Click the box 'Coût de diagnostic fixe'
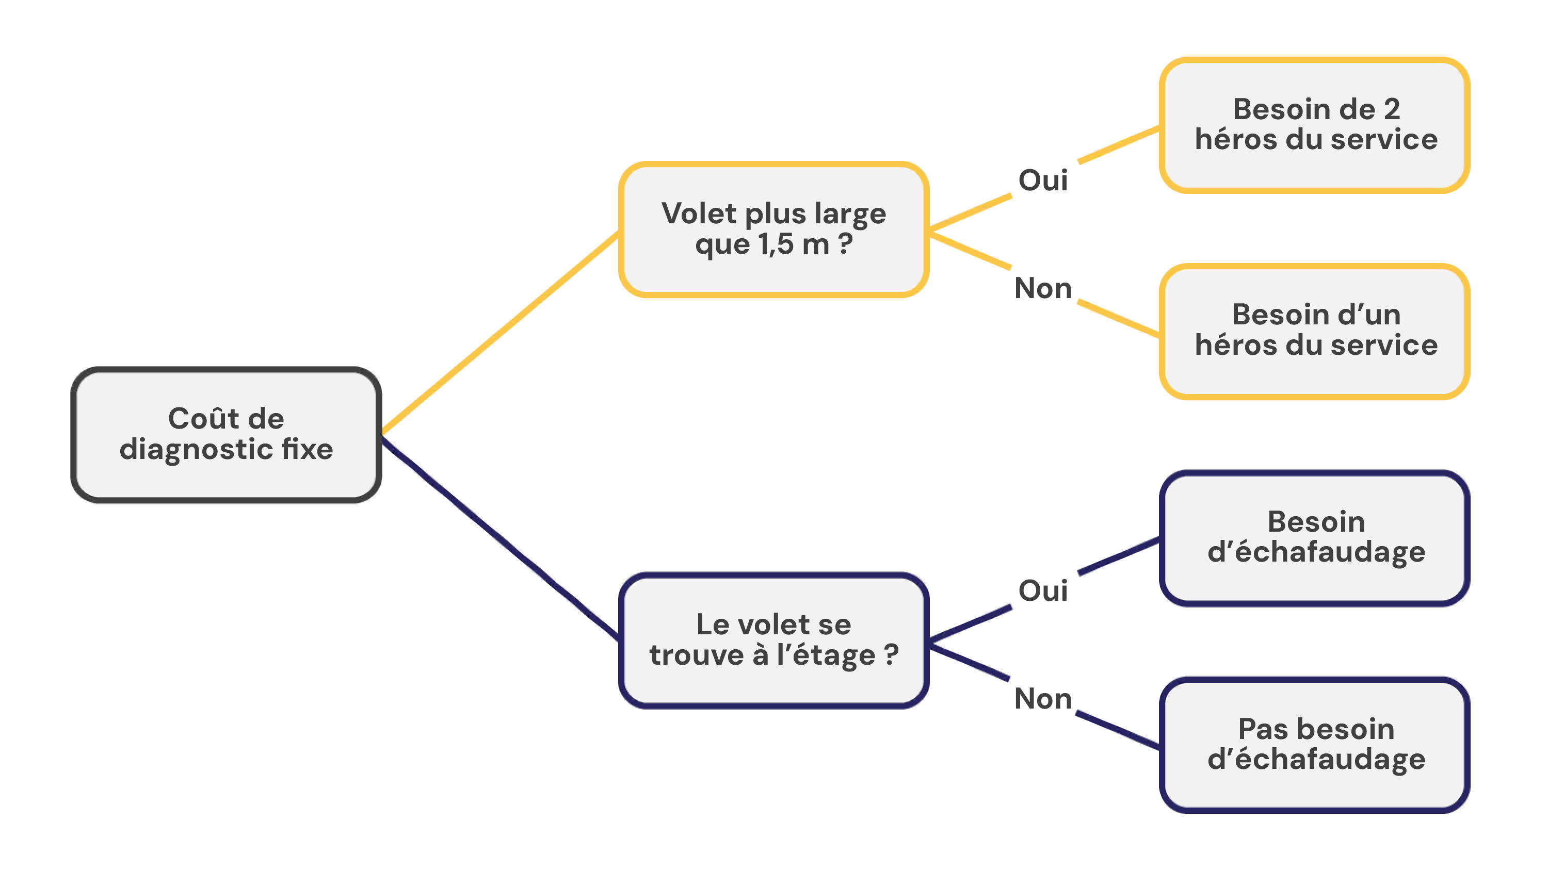tap(226, 434)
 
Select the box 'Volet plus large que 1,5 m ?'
tap(773, 229)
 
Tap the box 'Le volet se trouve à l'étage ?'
tap(773, 640)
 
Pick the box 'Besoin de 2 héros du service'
tap(1314, 125)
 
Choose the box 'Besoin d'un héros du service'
tap(1314, 331)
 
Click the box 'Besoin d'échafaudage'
tap(1314, 538)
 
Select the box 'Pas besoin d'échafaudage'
tap(1314, 744)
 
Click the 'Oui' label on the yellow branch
tap(1043, 180)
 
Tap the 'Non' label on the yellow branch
tap(1043, 288)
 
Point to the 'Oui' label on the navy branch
tap(1043, 590)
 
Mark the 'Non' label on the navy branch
tap(1043, 699)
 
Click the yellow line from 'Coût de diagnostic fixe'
tap(501, 332)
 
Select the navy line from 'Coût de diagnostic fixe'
tap(501, 538)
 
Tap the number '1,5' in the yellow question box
tap(775, 244)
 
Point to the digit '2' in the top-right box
tap(1392, 109)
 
